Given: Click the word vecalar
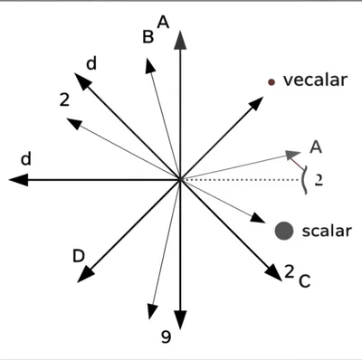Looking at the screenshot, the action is coord(316,81).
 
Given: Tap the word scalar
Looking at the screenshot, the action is coord(327,231).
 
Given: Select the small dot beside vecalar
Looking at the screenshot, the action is coord(271,82).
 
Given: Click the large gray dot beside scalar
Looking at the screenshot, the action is coord(285,231).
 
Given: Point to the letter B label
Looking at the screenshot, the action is coord(148,37).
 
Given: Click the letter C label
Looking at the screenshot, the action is coord(304,281).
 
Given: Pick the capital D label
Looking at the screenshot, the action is coord(79,256).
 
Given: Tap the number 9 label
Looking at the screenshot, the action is coord(165,338).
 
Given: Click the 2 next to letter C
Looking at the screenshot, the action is coord(289,270).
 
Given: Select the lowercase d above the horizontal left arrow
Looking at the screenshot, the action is coord(26,159).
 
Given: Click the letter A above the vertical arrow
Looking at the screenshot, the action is coord(163,21).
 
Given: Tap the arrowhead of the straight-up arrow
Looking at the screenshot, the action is coord(181,38).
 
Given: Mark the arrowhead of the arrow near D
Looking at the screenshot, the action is coord(85,274).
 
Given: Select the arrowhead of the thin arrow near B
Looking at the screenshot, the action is coord(148,63).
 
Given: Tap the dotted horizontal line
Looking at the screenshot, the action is coord(244,180).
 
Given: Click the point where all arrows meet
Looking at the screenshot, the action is coord(181,180).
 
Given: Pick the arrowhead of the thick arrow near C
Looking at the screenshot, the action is coord(274,271).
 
